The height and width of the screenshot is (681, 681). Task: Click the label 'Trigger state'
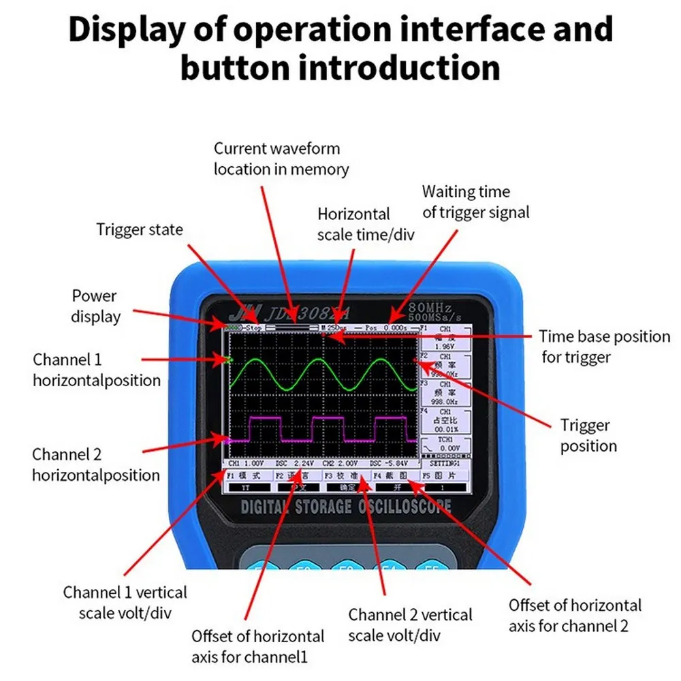tap(140, 229)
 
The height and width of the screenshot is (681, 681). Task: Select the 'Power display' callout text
tap(95, 306)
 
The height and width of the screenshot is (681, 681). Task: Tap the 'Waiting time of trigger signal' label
tap(475, 202)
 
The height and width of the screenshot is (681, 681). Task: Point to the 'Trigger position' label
tap(588, 436)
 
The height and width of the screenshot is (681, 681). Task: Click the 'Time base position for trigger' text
tap(605, 346)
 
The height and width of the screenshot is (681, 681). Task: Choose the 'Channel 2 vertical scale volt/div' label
tap(410, 624)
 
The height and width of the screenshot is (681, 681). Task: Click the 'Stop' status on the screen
tap(254, 328)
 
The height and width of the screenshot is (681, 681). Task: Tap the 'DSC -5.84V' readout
tap(389, 463)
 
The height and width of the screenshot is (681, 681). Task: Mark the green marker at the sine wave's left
tap(227, 358)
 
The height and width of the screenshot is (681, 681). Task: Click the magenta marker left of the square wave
tap(227, 441)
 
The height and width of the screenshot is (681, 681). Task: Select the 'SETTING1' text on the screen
tap(446, 463)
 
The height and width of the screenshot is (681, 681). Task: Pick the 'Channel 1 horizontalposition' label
tap(97, 370)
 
